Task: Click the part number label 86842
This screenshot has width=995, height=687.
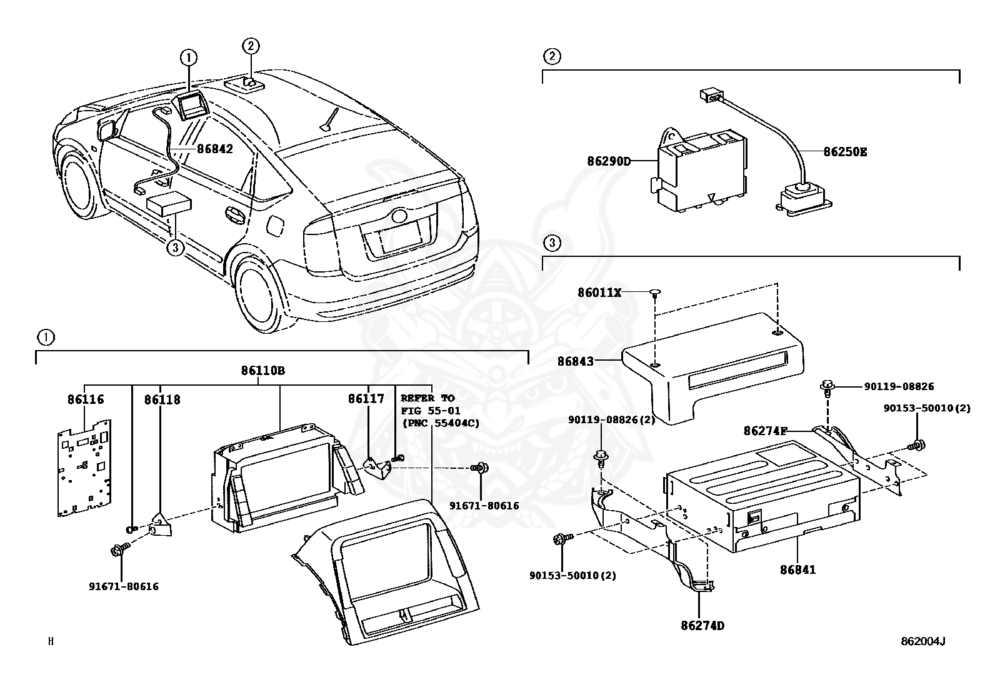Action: tap(214, 149)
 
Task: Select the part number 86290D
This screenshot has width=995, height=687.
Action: tap(608, 161)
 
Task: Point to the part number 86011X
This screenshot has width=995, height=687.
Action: tap(599, 292)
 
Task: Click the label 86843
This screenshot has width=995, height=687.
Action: tap(576, 361)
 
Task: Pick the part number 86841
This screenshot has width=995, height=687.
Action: tap(797, 569)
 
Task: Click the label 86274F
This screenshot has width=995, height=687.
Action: tap(764, 430)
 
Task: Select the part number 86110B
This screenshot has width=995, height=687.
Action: tap(263, 370)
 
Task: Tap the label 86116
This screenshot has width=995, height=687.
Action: tap(86, 399)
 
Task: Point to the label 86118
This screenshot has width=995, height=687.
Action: tap(162, 399)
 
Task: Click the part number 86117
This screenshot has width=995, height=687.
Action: tap(366, 398)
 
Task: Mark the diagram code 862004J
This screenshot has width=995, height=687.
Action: tap(922, 641)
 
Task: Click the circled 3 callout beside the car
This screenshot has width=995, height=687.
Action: tap(176, 248)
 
